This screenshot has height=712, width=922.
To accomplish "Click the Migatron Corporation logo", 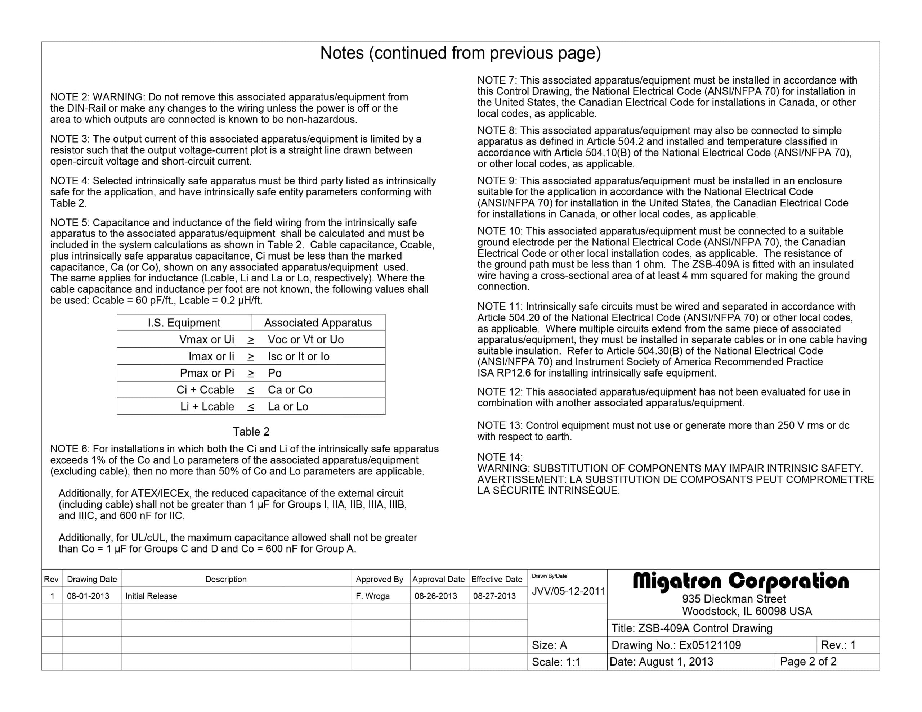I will [x=740, y=582].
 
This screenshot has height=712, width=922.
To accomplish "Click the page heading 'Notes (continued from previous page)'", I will [x=460, y=53].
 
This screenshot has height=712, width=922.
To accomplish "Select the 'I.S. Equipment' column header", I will [x=184, y=323].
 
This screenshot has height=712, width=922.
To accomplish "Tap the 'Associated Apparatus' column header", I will [x=318, y=323].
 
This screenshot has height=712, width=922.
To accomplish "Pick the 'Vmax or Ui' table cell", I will [x=206, y=340].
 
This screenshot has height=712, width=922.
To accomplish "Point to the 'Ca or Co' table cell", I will [x=290, y=390].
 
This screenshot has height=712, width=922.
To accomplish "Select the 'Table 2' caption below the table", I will [x=251, y=432].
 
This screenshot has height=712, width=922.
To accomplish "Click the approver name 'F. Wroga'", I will [x=372, y=596].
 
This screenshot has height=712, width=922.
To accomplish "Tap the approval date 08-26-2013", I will [x=436, y=596].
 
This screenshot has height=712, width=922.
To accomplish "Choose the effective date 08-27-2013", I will [x=494, y=596].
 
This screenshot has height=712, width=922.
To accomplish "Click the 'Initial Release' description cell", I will [x=151, y=596].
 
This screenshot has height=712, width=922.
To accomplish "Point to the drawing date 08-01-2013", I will [x=88, y=596].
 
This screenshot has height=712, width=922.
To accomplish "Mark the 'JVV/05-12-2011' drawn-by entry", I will [x=568, y=591].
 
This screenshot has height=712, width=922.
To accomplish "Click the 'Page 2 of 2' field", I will [x=808, y=662].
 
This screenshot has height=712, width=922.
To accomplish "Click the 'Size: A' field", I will [x=549, y=645].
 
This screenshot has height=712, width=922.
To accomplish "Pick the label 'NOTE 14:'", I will [x=500, y=457].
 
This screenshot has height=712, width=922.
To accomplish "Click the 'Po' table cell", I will [x=274, y=373].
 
